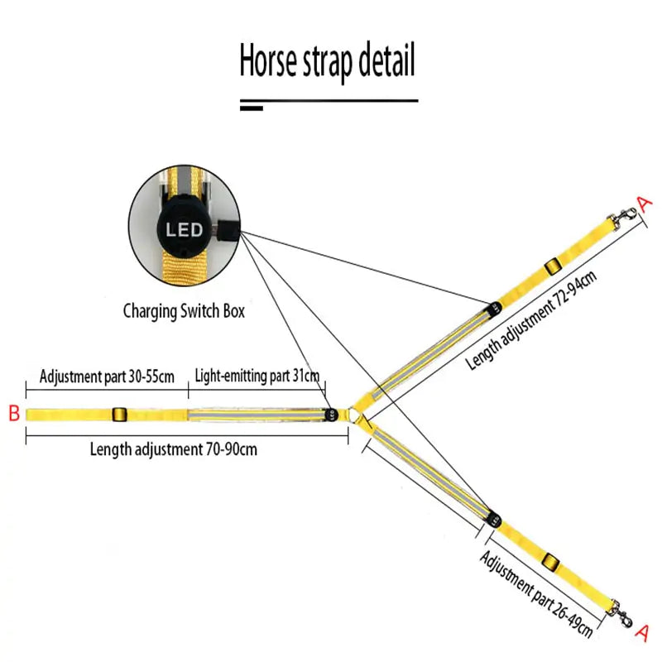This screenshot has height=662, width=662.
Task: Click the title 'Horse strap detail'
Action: pyautogui.click(x=328, y=63)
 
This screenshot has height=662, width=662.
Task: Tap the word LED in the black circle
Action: pyautogui.click(x=185, y=229)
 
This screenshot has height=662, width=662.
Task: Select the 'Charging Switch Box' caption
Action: pyautogui.click(x=184, y=312)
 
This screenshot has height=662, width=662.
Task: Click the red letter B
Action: pyautogui.click(x=13, y=414)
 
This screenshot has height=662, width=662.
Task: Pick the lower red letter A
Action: pyautogui.click(x=640, y=633)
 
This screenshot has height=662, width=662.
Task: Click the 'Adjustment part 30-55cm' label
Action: pyautogui.click(x=107, y=377)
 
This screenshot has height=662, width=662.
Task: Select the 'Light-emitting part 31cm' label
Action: pyautogui.click(x=257, y=377)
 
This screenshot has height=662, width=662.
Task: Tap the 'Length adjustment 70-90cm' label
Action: pyautogui.click(x=174, y=450)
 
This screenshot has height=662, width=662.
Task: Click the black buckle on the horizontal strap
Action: pyautogui.click(x=118, y=414)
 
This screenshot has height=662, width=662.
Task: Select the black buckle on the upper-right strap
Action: pyautogui.click(x=552, y=266)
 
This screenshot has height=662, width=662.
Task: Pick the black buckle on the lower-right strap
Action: pyautogui.click(x=551, y=565)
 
